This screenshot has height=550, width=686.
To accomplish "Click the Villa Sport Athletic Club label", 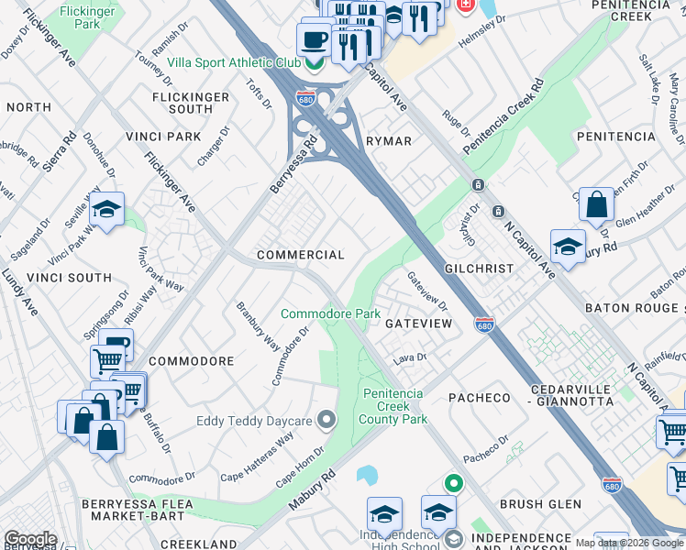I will (x=235, y=64).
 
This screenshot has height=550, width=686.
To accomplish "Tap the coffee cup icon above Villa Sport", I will (x=315, y=40).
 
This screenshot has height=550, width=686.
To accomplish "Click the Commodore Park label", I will (x=330, y=313).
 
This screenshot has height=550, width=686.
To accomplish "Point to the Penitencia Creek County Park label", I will (x=394, y=406).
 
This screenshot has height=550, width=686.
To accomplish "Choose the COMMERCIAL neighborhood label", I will (x=300, y=255).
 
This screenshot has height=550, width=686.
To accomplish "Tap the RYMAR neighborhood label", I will (x=389, y=141).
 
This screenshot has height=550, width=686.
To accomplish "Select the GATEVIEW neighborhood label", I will (x=421, y=325).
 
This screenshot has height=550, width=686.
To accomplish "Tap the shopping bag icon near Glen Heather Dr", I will (x=596, y=204).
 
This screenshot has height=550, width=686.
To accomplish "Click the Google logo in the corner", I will (x=30, y=539).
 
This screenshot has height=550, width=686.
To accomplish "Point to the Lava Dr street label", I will (x=411, y=357).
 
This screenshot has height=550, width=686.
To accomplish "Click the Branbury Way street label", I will (x=258, y=324).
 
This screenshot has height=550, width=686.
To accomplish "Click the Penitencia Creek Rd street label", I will (x=503, y=116).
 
